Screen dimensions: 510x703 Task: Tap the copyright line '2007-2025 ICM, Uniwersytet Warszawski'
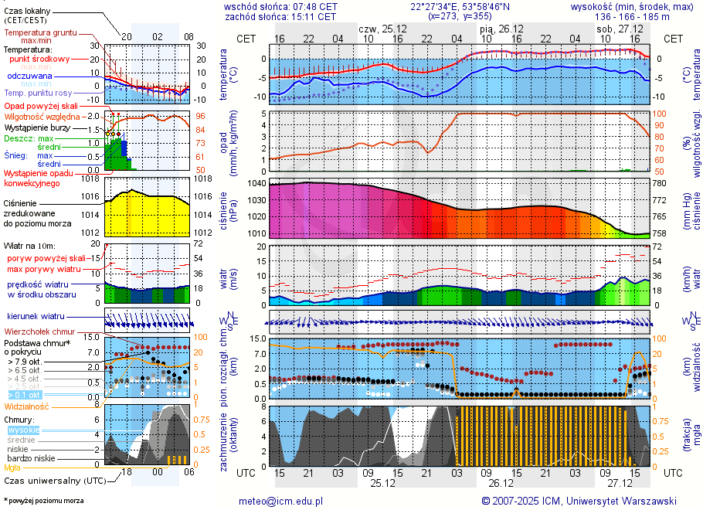(x=584, y=501)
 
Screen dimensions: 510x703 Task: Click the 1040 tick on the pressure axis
(x=256, y=184)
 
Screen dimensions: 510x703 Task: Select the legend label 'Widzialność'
(x=27, y=406)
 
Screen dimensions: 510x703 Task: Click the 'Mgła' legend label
(x=12, y=467)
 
